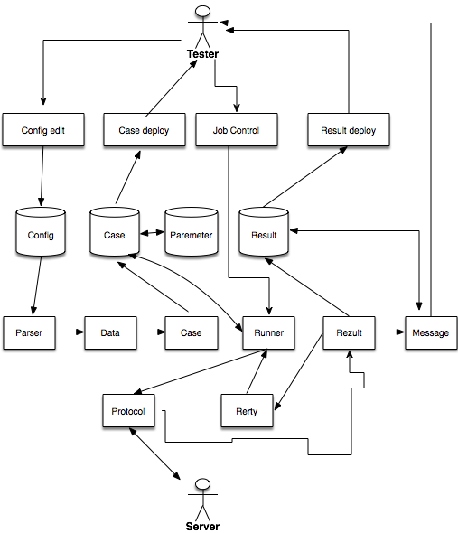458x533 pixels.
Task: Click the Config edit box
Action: pyautogui.click(x=43, y=130)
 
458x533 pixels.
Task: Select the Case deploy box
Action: pyautogui.click(x=145, y=130)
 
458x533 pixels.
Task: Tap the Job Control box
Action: pyautogui.click(x=237, y=130)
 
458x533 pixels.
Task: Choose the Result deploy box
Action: pyautogui.click(x=349, y=130)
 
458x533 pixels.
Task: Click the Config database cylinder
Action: pyautogui.click(x=41, y=231)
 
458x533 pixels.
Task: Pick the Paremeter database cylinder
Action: pyautogui.click(x=192, y=231)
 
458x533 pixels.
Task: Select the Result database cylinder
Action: pyautogui.click(x=264, y=231)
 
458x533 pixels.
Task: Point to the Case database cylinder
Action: pyautogui.click(x=115, y=231)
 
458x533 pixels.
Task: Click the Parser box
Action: pyautogui.click(x=29, y=332)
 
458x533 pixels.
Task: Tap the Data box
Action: pyautogui.click(x=110, y=332)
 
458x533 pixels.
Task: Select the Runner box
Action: pyautogui.click(x=268, y=332)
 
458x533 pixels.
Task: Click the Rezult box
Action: pyautogui.click(x=350, y=332)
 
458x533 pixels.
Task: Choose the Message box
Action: pyautogui.click(x=431, y=332)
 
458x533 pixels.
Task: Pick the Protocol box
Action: pyautogui.click(x=129, y=411)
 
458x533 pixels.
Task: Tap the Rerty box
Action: pyautogui.click(x=247, y=411)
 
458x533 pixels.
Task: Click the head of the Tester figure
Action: pyautogui.click(x=202, y=11)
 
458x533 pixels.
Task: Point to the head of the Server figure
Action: pyautogui.click(x=202, y=484)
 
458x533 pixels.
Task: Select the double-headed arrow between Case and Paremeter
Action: pyautogui.click(x=153, y=233)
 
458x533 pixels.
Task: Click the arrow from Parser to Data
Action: pyautogui.click(x=70, y=332)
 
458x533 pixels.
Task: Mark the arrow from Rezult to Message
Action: pyautogui.click(x=390, y=332)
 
